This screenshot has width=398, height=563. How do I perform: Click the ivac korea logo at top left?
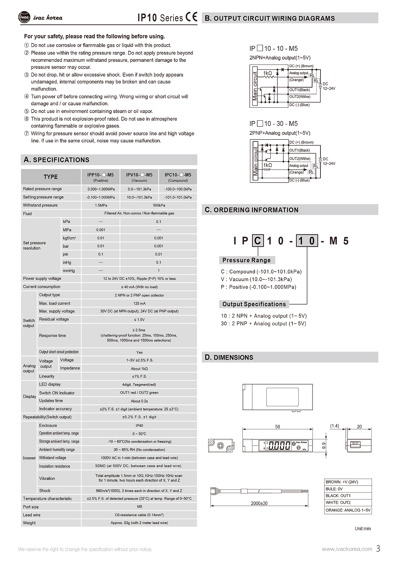(x=40, y=18)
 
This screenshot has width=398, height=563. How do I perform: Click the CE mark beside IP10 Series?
(x=191, y=17)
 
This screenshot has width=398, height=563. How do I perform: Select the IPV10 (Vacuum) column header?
(x=139, y=177)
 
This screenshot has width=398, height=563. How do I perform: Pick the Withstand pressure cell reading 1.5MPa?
(x=101, y=205)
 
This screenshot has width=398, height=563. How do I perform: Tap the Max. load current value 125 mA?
(x=139, y=303)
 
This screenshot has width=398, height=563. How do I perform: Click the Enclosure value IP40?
(x=139, y=426)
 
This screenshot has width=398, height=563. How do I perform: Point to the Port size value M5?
(x=139, y=507)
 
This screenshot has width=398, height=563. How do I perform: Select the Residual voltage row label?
(x=54, y=319)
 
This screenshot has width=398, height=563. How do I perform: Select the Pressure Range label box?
(x=247, y=260)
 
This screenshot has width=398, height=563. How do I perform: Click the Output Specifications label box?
(x=254, y=304)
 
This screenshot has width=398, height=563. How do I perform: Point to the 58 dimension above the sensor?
(x=277, y=427)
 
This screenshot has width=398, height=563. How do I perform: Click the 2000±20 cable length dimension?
(x=259, y=503)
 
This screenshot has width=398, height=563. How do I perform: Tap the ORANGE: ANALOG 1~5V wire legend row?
(x=348, y=510)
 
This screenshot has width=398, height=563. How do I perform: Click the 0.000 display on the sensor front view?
(x=279, y=446)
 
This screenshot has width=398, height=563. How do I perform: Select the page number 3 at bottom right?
(x=378, y=549)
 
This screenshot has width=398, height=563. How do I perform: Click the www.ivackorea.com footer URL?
(x=347, y=549)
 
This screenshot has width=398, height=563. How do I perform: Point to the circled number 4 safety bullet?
(x=27, y=97)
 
